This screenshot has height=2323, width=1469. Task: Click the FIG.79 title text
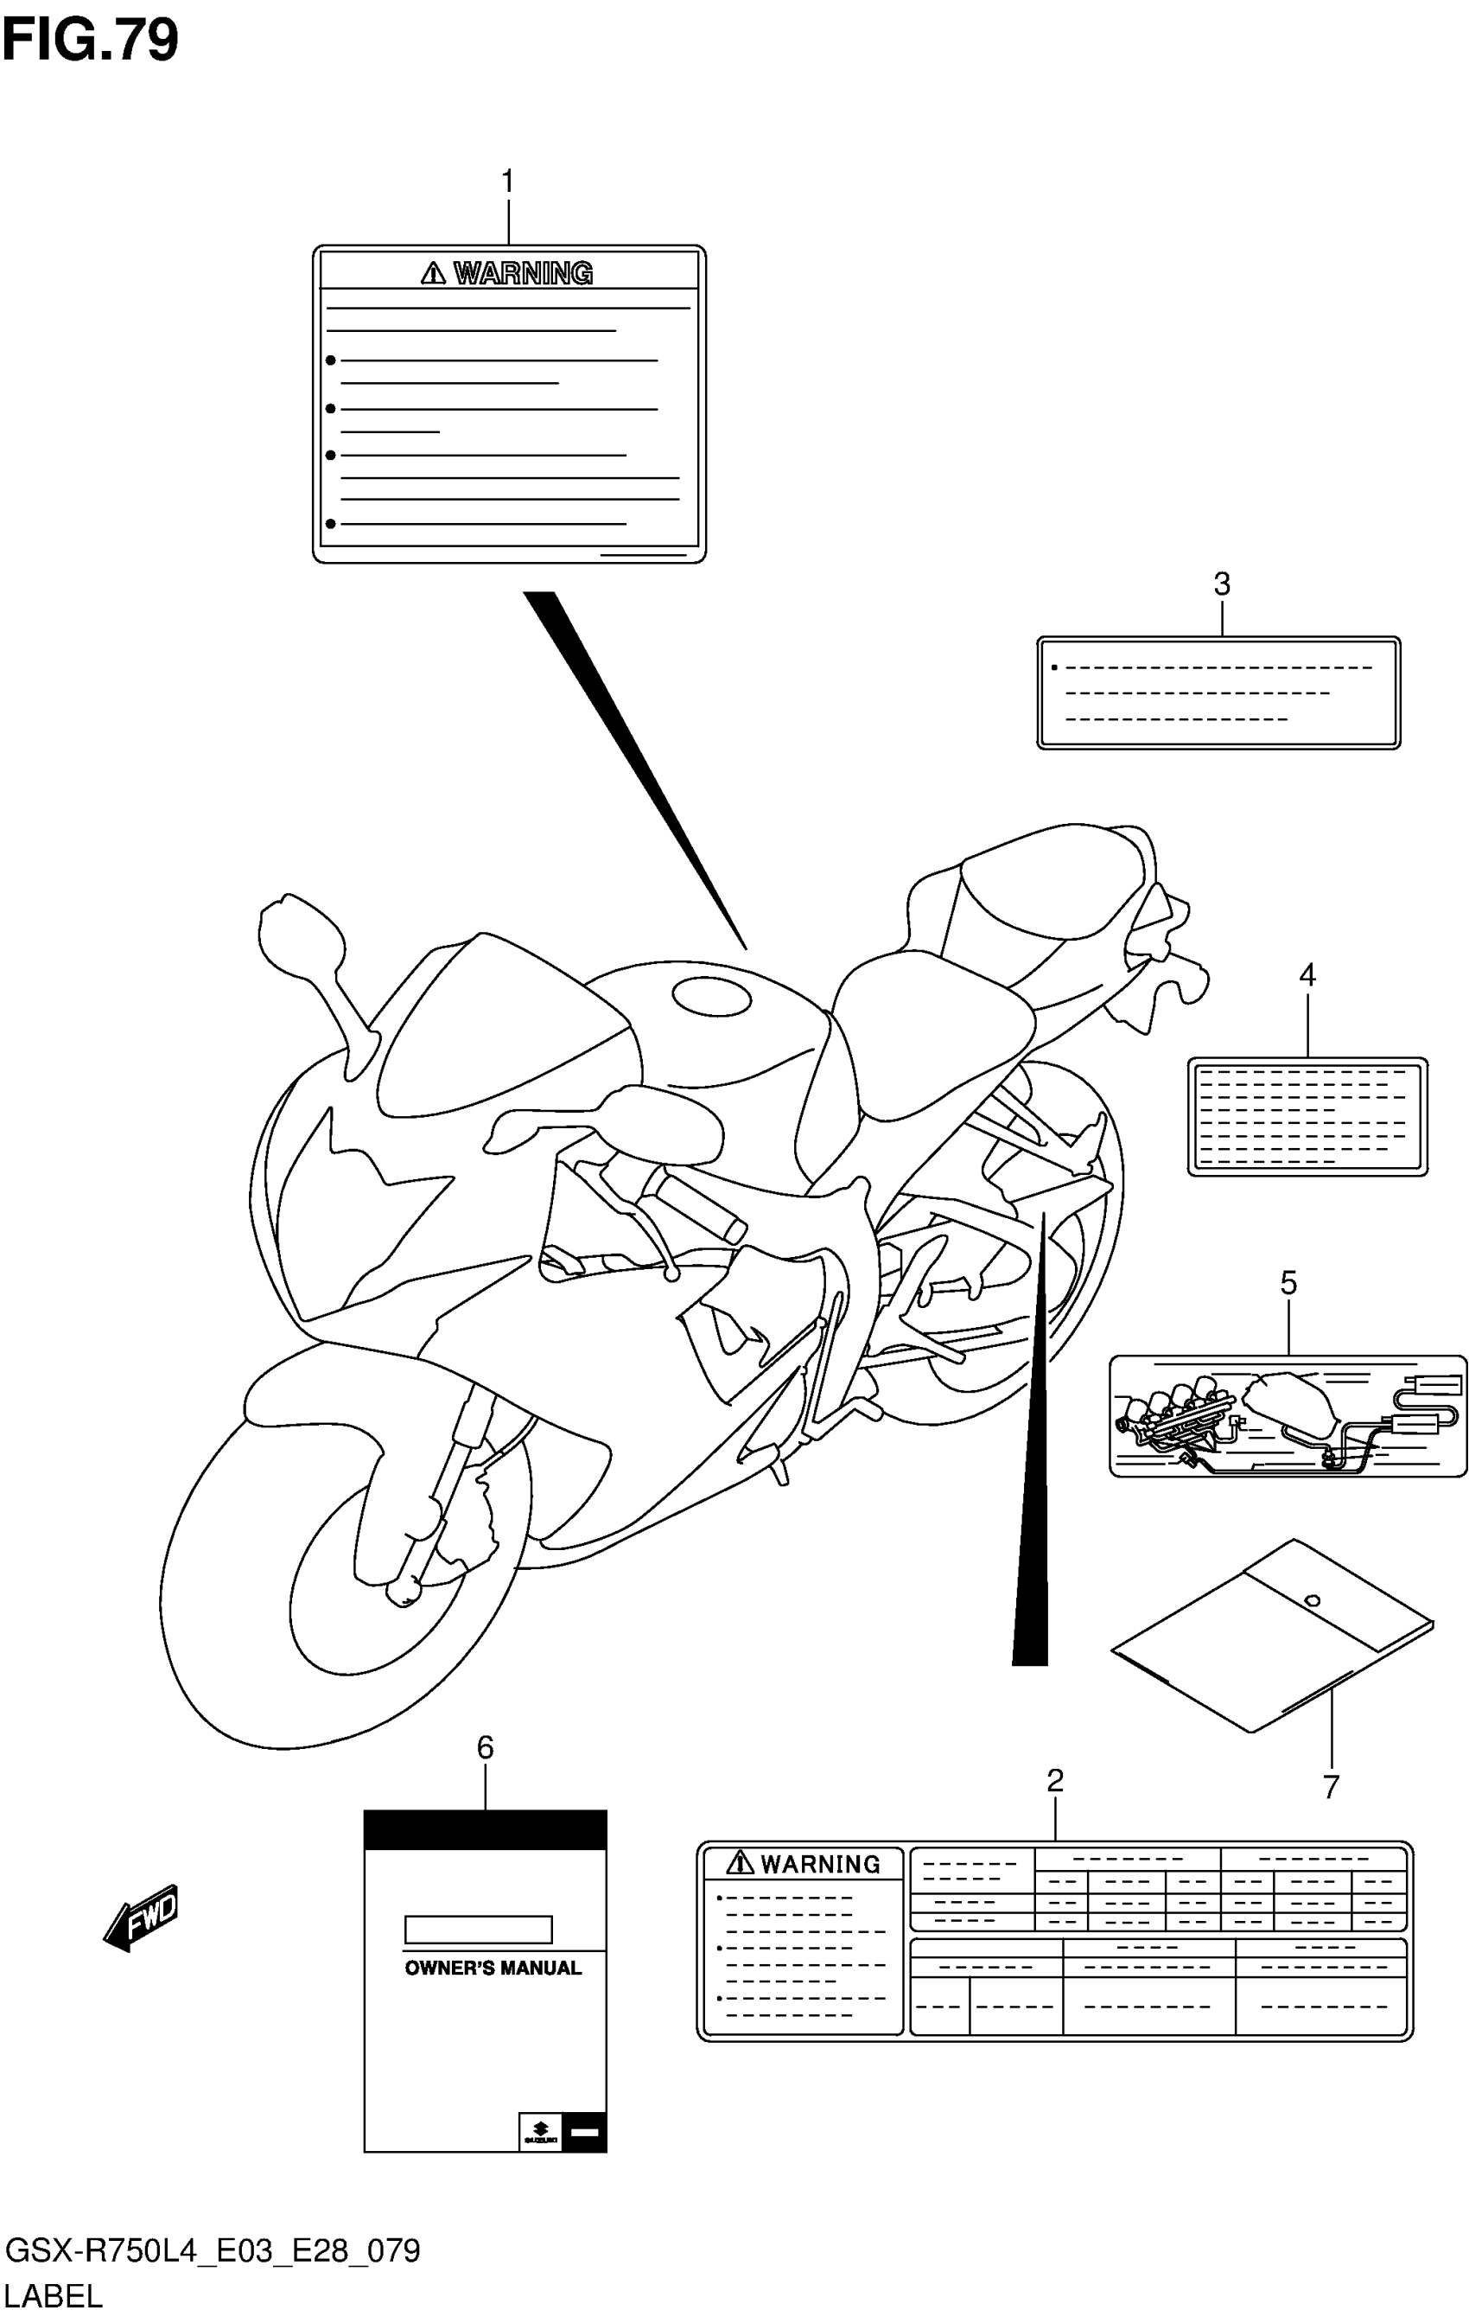[91, 41]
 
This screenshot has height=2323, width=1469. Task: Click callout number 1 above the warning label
[507, 182]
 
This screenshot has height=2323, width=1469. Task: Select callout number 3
[1221, 584]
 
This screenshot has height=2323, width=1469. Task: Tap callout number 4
[1307, 975]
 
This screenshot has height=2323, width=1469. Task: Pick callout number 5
[1288, 1282]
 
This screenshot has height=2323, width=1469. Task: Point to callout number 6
[485, 1747]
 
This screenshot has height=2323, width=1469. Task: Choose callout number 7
[1331, 1787]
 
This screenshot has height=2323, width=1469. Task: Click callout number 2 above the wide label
[1054, 1780]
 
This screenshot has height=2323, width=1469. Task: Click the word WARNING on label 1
[523, 274]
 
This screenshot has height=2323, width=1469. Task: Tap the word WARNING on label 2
[820, 1864]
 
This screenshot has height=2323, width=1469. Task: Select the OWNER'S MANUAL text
[493, 1968]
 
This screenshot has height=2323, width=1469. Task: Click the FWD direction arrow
[142, 1917]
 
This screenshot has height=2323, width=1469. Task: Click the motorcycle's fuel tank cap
[711, 997]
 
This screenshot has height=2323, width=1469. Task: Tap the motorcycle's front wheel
[347, 1582]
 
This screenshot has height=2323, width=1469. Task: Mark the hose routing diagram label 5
[1288, 1415]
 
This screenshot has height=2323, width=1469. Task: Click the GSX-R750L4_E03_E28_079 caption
[213, 2250]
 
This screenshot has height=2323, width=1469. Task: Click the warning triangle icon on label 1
[433, 274]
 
